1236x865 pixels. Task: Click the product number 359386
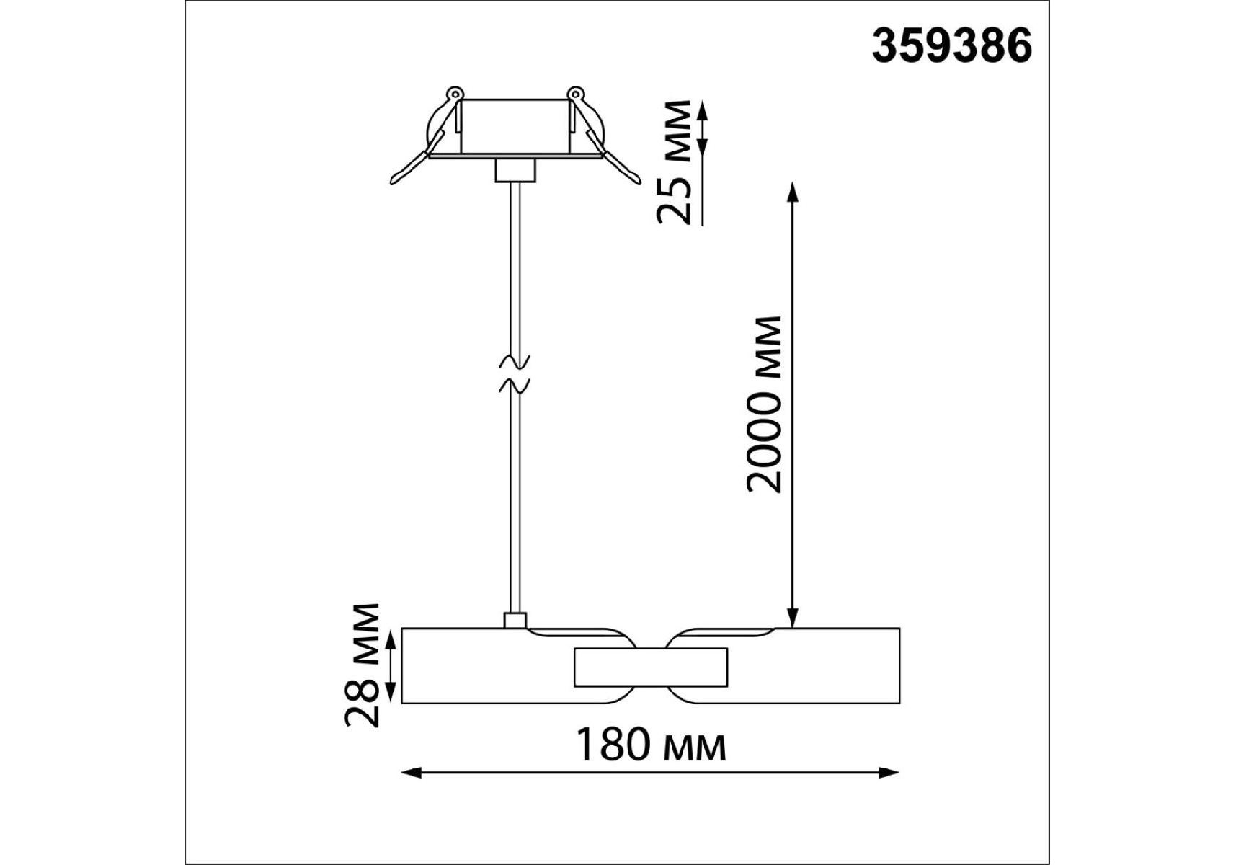(952, 48)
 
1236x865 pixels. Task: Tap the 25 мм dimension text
(676, 162)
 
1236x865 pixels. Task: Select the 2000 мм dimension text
(765, 404)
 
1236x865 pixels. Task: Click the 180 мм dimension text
(651, 746)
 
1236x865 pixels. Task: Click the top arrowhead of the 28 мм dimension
(391, 639)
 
